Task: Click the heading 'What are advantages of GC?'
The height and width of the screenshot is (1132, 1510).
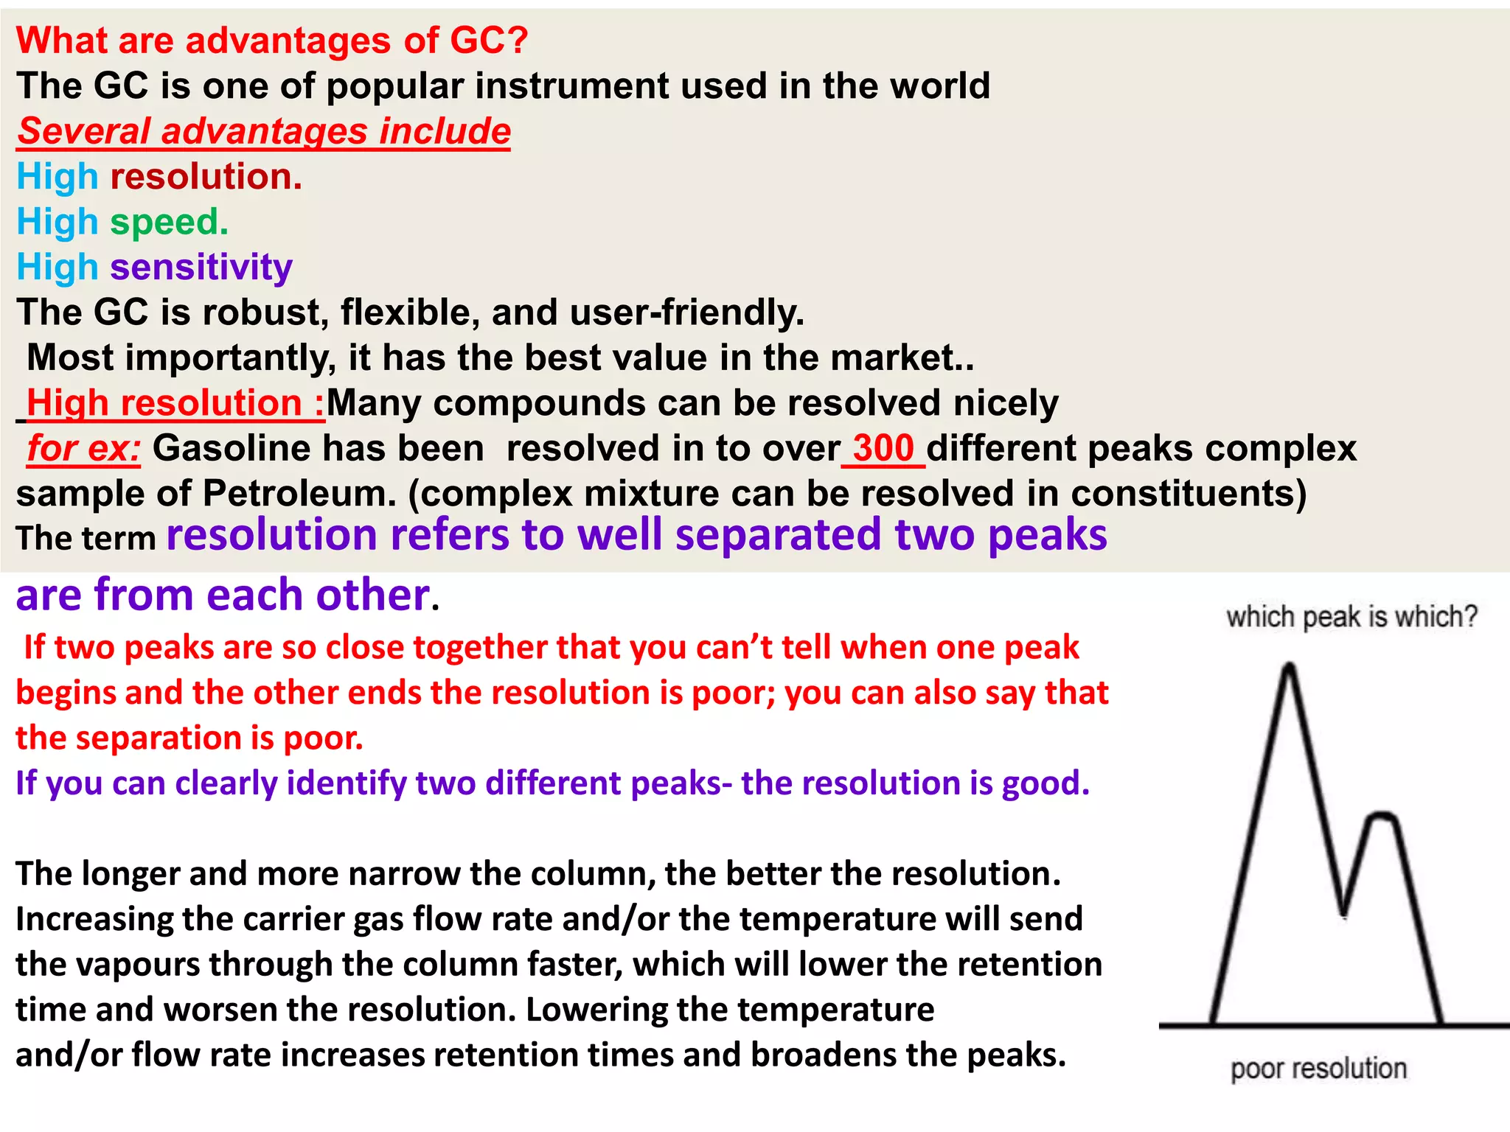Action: click(x=271, y=40)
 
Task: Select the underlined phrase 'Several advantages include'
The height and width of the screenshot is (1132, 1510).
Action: click(x=264, y=132)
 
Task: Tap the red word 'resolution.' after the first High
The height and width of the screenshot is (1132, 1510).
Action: click(x=206, y=177)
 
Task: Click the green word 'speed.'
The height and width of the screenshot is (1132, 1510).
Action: click(x=170, y=223)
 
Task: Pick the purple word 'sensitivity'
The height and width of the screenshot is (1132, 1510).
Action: click(x=201, y=268)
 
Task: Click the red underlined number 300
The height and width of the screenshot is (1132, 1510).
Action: click(x=883, y=448)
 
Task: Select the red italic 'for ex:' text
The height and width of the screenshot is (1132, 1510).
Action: click(x=83, y=448)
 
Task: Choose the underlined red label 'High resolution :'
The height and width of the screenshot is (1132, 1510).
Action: click(x=175, y=403)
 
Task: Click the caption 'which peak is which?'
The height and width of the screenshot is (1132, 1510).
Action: click(x=1351, y=616)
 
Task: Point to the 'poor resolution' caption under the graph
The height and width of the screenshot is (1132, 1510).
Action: click(x=1318, y=1068)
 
